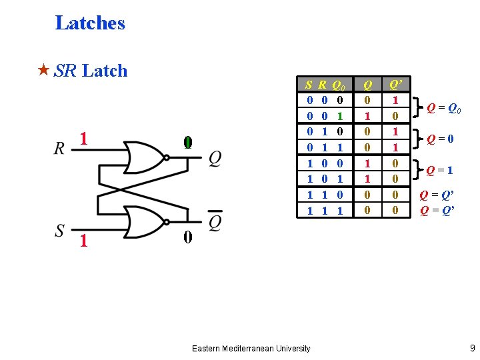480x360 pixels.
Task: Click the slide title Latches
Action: point(90,23)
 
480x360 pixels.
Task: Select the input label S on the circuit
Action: point(60,231)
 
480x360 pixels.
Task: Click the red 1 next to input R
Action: point(83,139)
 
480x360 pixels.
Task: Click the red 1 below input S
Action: point(83,241)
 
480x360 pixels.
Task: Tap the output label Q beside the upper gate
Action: point(215,158)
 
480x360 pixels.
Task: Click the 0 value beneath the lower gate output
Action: point(188,237)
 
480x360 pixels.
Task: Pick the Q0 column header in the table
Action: point(339,85)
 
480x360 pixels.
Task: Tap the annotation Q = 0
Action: point(441,139)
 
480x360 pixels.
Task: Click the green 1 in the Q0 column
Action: point(339,115)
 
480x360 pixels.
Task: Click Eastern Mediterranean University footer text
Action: point(251,348)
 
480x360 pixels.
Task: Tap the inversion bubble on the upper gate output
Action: point(167,158)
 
